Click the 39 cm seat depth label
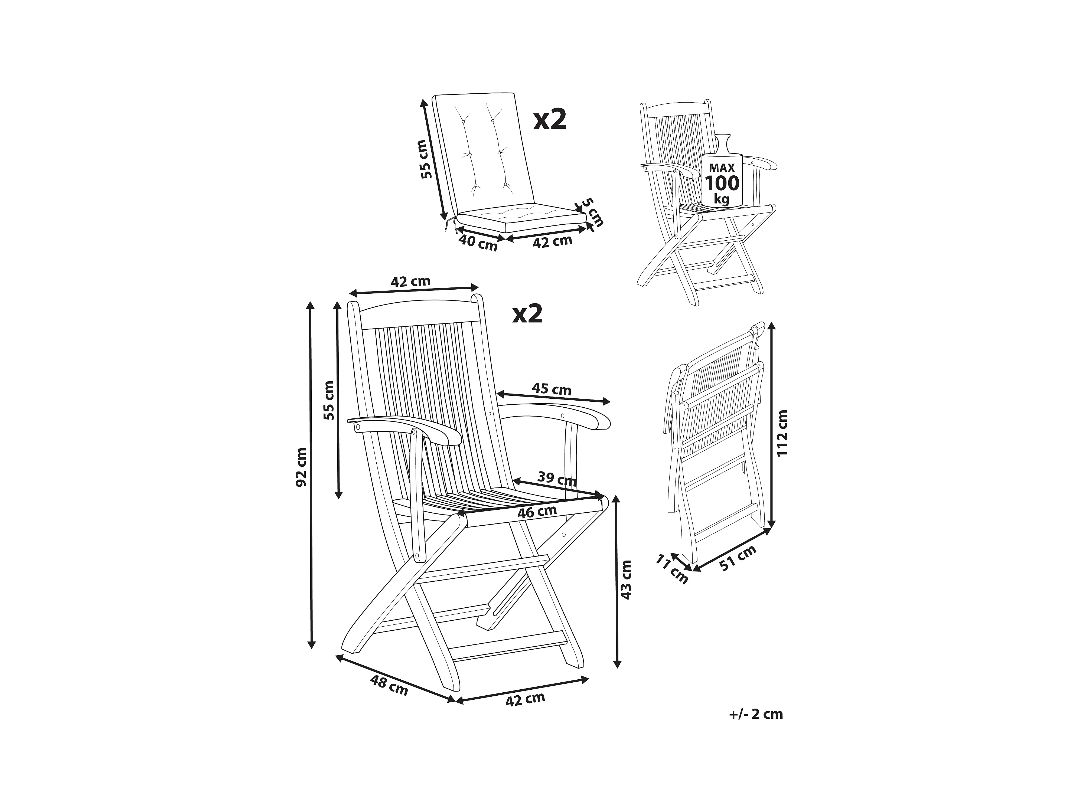click(x=557, y=478)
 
